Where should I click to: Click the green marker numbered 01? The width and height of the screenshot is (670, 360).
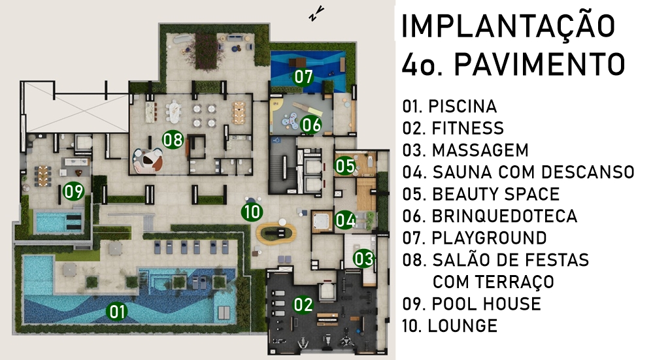click(x=117, y=311)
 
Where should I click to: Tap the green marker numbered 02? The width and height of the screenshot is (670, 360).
click(x=303, y=304)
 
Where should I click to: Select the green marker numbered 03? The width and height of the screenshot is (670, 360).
click(x=364, y=258)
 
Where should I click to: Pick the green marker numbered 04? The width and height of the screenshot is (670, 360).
click(x=345, y=220)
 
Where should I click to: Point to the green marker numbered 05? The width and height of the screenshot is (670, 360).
click(x=345, y=166)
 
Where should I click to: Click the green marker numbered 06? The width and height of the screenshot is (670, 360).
click(x=310, y=125)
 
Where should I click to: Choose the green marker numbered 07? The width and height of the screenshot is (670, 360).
click(x=303, y=77)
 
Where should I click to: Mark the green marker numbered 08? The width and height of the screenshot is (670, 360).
click(x=173, y=139)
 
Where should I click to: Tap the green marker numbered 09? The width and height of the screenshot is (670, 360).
click(x=73, y=191)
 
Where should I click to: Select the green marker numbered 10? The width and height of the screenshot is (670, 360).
click(x=252, y=212)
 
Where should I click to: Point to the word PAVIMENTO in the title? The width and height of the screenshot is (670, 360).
click(x=539, y=65)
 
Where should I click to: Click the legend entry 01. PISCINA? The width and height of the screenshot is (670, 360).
click(x=450, y=106)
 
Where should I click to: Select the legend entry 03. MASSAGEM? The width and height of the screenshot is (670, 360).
click(x=465, y=150)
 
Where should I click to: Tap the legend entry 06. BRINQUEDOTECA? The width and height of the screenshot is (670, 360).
click(x=490, y=216)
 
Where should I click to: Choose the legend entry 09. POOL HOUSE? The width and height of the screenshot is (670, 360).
click(x=472, y=304)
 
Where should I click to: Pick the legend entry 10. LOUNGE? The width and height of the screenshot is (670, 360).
click(x=450, y=326)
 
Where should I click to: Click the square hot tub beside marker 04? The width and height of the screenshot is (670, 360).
click(x=322, y=221)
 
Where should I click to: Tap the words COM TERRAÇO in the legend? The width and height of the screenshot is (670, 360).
click(x=494, y=282)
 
